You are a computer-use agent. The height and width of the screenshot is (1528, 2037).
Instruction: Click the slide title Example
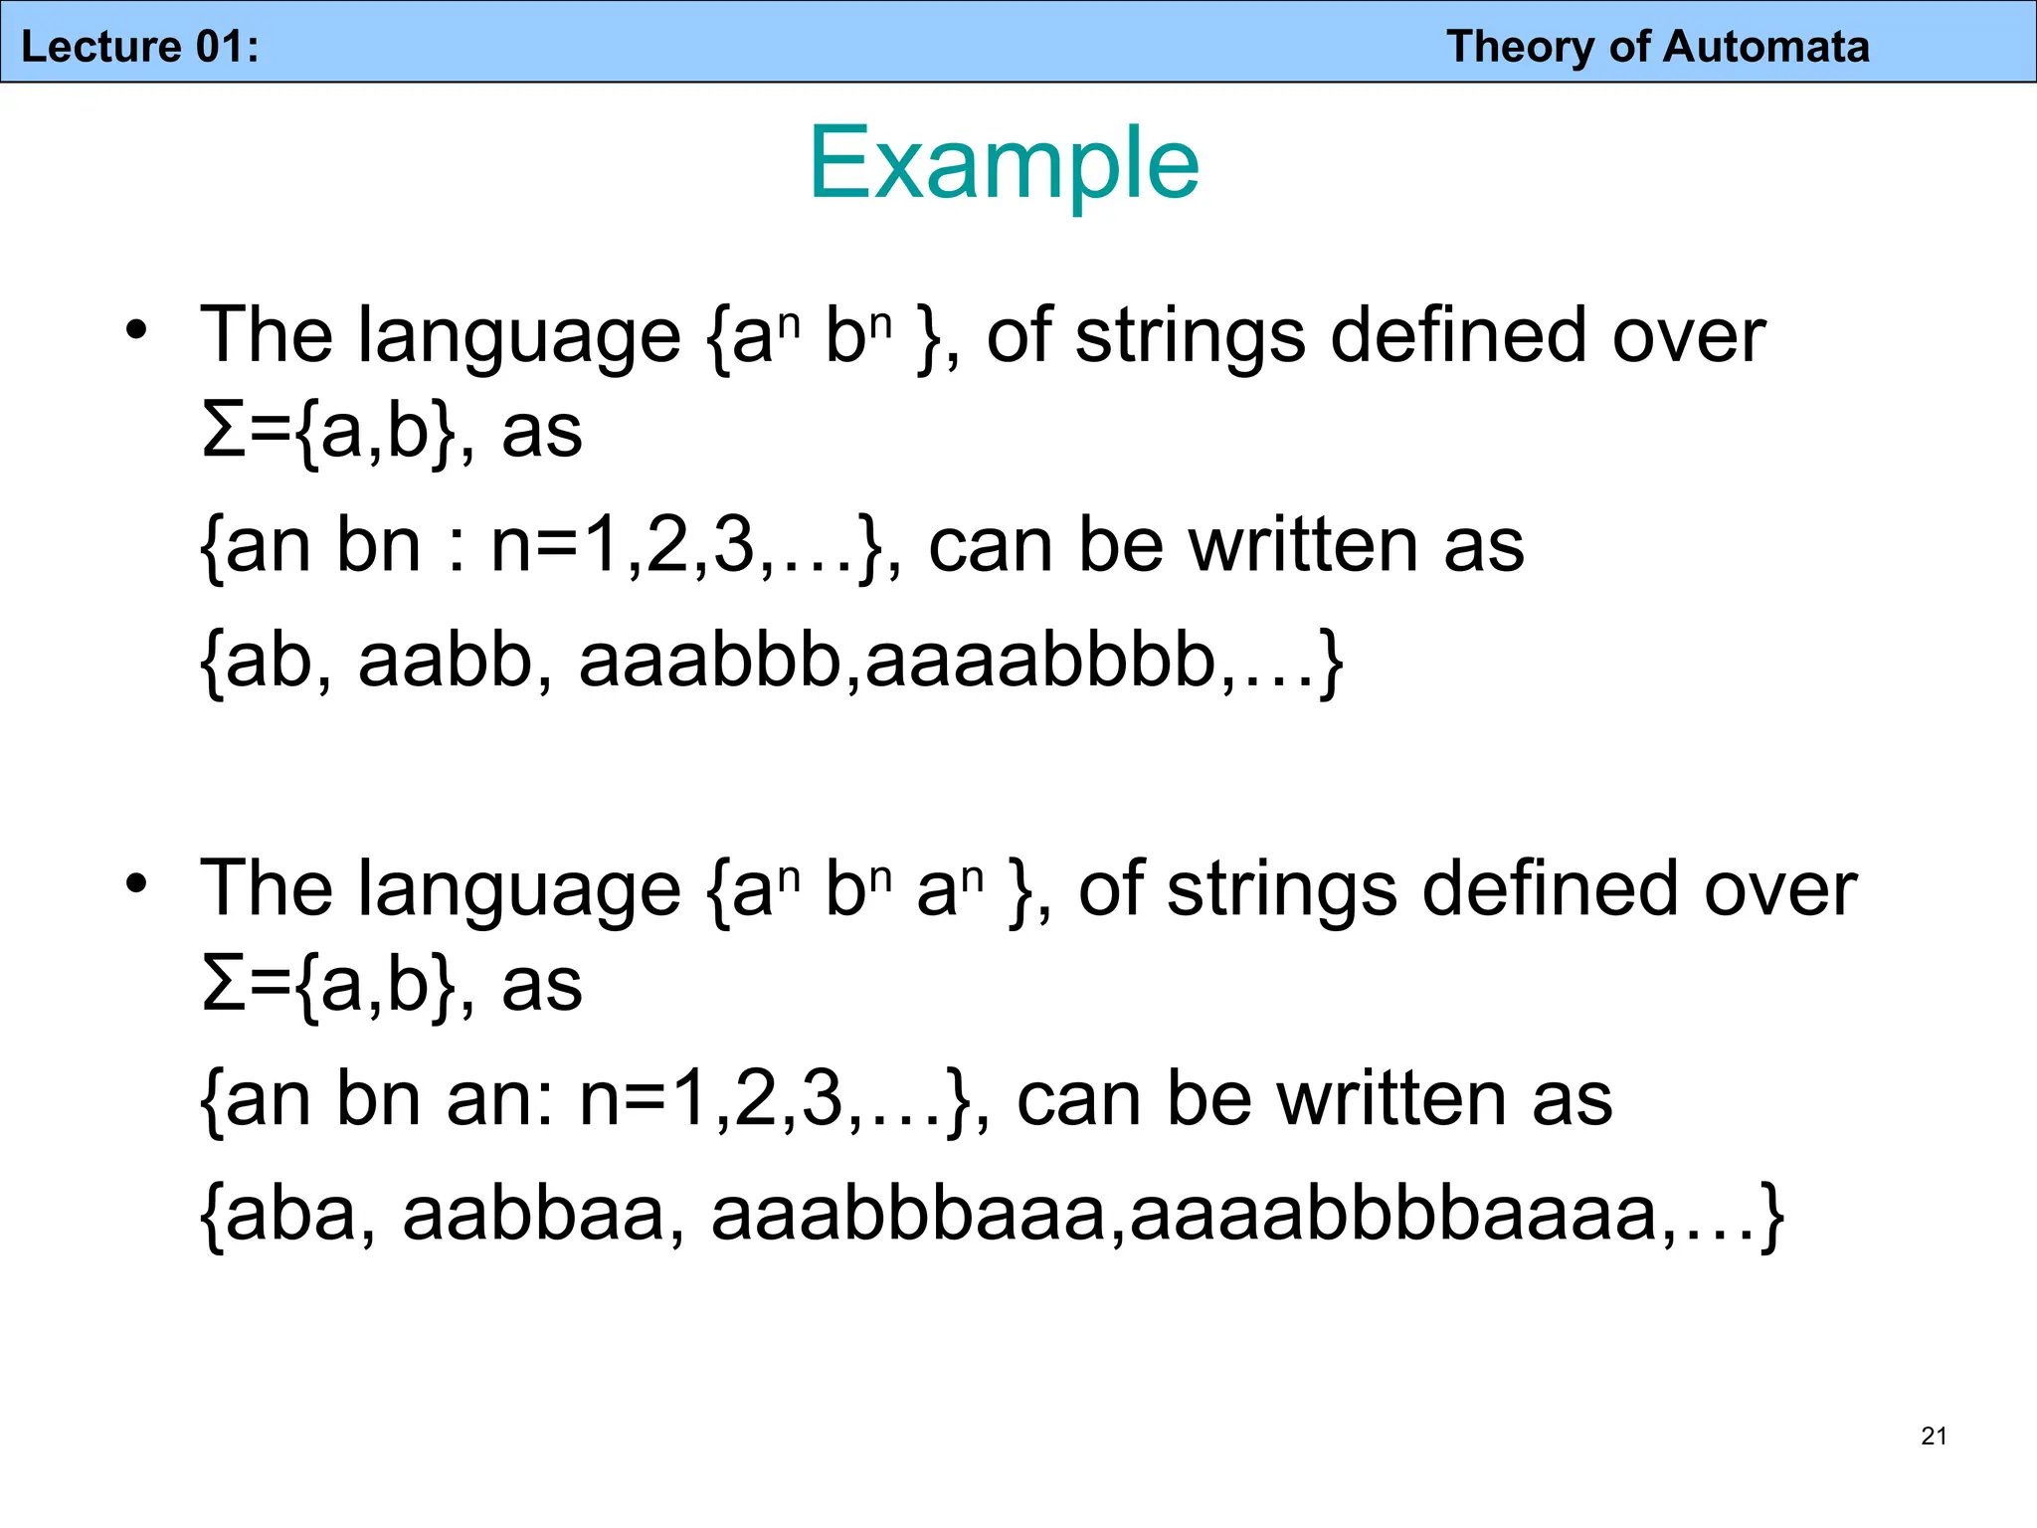[1004, 163]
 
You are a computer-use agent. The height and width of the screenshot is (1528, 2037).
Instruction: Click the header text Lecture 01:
[140, 47]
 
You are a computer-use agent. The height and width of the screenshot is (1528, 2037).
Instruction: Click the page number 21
[1934, 1435]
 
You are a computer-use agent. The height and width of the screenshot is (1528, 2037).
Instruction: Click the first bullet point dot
[136, 329]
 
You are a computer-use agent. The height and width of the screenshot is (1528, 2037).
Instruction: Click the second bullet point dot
[136, 882]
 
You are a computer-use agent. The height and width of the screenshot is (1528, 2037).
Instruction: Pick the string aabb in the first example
[445, 661]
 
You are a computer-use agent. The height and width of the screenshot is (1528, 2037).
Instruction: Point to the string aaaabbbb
[1041, 661]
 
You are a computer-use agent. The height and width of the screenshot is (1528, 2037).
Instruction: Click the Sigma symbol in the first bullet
[223, 431]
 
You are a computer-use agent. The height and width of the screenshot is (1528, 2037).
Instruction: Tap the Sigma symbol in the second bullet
[223, 984]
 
